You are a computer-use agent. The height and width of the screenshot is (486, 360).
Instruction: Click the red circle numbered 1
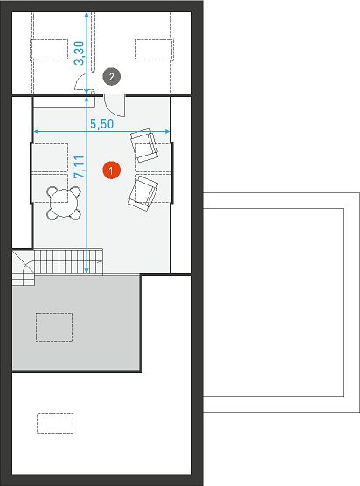[x=111, y=170]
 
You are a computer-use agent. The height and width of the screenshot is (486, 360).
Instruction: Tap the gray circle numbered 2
[x=112, y=76]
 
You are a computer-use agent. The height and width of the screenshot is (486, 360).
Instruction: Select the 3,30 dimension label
[x=79, y=53]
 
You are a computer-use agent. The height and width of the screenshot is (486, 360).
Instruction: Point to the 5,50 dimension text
[x=102, y=124]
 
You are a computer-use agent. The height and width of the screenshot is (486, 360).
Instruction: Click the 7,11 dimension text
[x=80, y=166]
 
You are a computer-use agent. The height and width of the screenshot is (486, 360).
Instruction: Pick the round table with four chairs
[x=64, y=204]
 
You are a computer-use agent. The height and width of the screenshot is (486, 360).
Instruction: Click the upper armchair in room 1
[x=144, y=145]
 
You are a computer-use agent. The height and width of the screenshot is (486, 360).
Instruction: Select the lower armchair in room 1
[x=142, y=193]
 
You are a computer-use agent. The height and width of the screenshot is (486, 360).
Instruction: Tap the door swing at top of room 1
[x=114, y=106]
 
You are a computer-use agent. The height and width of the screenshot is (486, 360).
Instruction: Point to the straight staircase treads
[x=68, y=262]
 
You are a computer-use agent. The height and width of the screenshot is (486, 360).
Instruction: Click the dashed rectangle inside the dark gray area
[x=54, y=327]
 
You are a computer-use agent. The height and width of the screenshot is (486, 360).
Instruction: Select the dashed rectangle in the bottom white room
[x=55, y=423]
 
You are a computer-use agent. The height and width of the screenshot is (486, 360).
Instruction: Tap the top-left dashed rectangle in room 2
[x=49, y=49]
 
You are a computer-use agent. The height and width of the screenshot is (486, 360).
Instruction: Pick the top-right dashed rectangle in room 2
[x=154, y=49]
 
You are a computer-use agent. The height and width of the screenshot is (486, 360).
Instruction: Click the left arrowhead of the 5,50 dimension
[x=35, y=132]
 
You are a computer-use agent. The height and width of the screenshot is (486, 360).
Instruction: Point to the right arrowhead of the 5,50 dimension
[x=167, y=132]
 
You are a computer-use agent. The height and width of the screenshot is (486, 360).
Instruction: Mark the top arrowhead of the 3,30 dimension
[x=87, y=15]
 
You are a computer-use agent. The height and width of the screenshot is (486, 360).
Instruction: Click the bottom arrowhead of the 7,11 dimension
[x=87, y=271]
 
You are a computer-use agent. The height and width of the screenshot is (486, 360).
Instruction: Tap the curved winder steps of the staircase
[x=24, y=268]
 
